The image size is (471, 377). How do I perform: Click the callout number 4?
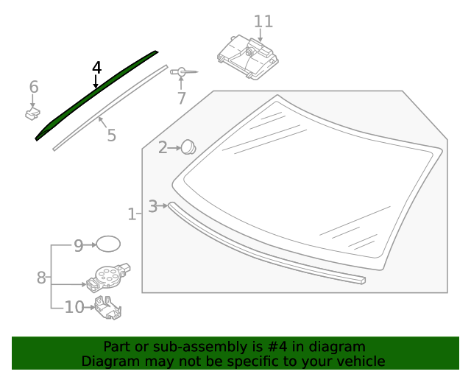pos(96,68)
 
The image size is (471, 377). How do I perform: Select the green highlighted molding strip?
pos(96,94)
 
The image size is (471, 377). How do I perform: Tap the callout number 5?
pos(111,135)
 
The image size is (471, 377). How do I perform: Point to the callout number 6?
pos(34,88)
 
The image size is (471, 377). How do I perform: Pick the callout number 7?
pos(181,97)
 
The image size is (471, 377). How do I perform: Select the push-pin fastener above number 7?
pos(182,72)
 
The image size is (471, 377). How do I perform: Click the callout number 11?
pos(263,21)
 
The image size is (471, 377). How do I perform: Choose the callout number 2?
pos(163,148)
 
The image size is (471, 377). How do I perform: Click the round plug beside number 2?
pos(189,147)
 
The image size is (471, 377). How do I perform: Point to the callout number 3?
pos(152,206)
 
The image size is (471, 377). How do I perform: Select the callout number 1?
pos(132,214)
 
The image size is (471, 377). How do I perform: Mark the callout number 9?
pos(79,245)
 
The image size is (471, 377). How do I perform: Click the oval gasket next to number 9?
pos(108,244)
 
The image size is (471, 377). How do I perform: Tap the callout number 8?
pos(41,278)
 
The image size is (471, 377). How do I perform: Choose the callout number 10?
pos(74,307)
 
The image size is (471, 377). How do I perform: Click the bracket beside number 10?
pos(107,308)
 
